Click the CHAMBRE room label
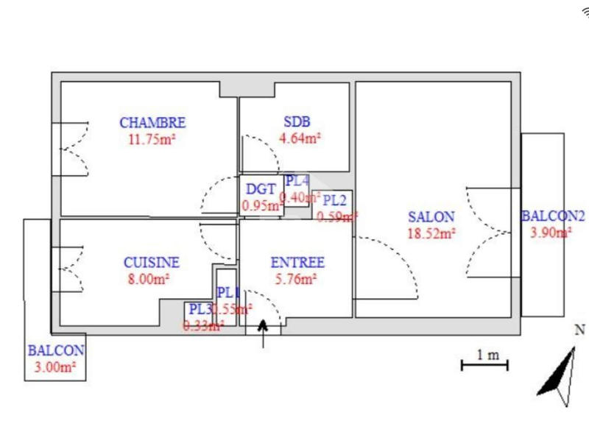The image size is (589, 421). (x=152, y=123)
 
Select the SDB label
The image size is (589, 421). (x=297, y=122)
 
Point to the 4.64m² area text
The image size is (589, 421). (x=299, y=137)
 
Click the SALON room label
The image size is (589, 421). (x=431, y=218)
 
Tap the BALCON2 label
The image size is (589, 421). (x=553, y=217)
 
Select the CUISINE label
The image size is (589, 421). (x=152, y=263)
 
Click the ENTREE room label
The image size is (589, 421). (x=297, y=263)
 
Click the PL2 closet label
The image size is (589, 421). (x=335, y=199)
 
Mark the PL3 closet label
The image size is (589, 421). (x=200, y=310)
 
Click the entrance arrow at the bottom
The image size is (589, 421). (x=263, y=332)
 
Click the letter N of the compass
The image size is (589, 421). (x=579, y=330)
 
